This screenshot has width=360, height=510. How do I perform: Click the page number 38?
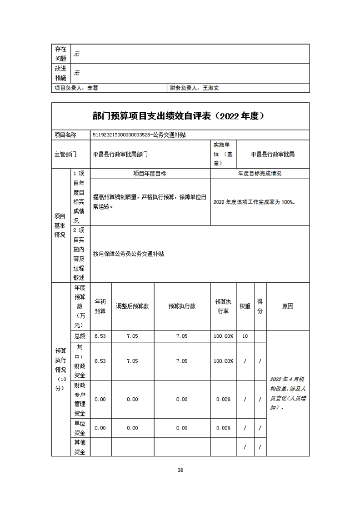coord(180,470)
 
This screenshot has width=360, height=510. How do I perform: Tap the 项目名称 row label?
coord(65,135)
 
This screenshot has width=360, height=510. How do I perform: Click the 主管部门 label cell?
coord(65,155)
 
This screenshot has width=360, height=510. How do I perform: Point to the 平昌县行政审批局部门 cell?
coord(120,155)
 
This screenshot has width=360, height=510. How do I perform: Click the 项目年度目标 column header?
coord(150,174)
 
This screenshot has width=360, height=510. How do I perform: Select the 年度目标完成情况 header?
coord(260,174)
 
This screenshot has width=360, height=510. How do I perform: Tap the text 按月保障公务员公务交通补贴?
coord(128,254)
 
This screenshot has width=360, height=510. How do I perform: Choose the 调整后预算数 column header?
coord(132,306)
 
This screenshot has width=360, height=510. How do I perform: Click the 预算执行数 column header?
coord(182,306)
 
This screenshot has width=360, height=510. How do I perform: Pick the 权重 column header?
coord(245,306)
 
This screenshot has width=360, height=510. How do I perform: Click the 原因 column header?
coord(288,306)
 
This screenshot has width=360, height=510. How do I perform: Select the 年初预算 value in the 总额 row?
coord(100,336)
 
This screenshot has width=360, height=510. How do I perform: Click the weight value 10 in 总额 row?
coord(245,336)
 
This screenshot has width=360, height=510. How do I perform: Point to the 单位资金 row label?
coord(80,428)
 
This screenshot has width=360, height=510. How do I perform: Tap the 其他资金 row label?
coord(80,447)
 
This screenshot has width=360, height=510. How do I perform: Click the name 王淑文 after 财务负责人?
coord(211,88)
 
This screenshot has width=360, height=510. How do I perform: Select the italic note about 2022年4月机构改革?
coord(288,393)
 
